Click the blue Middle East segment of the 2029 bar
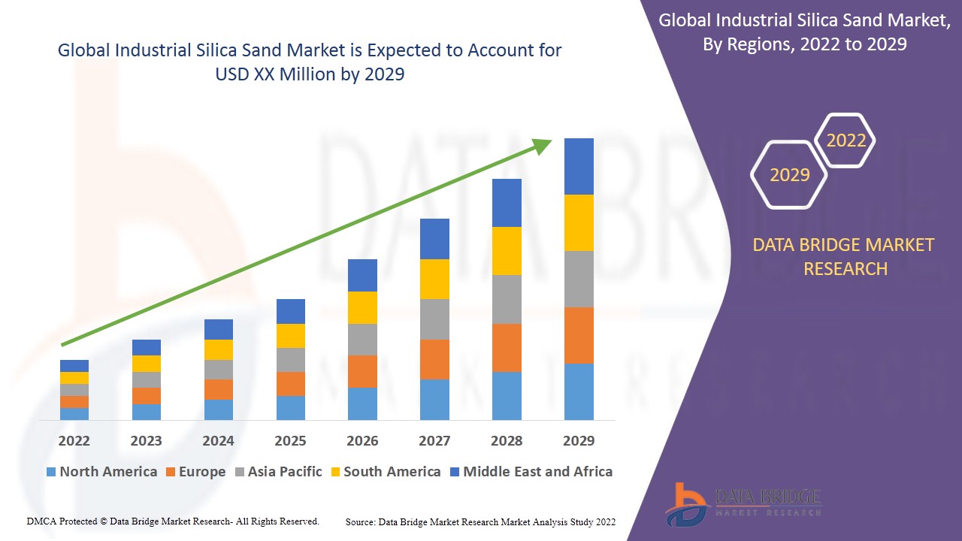(x=579, y=166)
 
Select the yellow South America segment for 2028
(x=507, y=250)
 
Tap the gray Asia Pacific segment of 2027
(x=434, y=319)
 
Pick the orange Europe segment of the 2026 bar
(x=362, y=371)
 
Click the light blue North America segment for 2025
(x=291, y=407)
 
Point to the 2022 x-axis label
(x=74, y=440)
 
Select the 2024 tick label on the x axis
(x=218, y=440)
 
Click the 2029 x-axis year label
(x=579, y=440)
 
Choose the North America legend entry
(x=101, y=472)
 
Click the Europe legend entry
(x=195, y=472)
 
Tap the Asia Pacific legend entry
(x=277, y=472)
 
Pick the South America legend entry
(x=385, y=472)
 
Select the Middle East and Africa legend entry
(x=531, y=472)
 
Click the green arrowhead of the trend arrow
(x=543, y=145)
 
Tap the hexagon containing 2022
(x=846, y=141)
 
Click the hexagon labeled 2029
(x=789, y=174)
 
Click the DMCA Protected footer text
(x=173, y=521)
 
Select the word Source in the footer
(x=360, y=521)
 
